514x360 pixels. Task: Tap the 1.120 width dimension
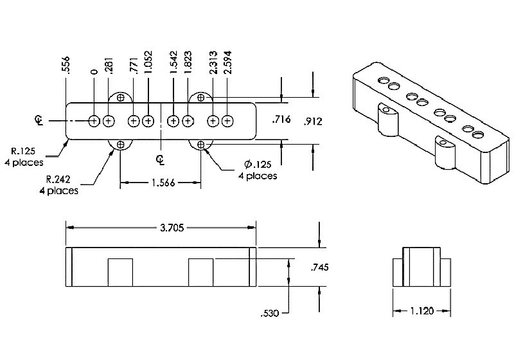pyautogui.click(x=421, y=310)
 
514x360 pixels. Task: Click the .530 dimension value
pyautogui.click(x=271, y=314)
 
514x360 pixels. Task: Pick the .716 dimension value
pyautogui.click(x=283, y=120)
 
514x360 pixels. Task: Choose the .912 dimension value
pyautogui.click(x=313, y=120)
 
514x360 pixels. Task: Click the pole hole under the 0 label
pyautogui.click(x=94, y=121)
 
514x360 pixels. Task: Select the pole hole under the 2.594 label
pyautogui.click(x=228, y=121)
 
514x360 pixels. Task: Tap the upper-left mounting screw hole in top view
pyautogui.click(x=120, y=98)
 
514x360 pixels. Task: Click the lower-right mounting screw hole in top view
pyautogui.click(x=201, y=144)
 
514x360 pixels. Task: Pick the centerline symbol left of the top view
pyautogui.click(x=40, y=120)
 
